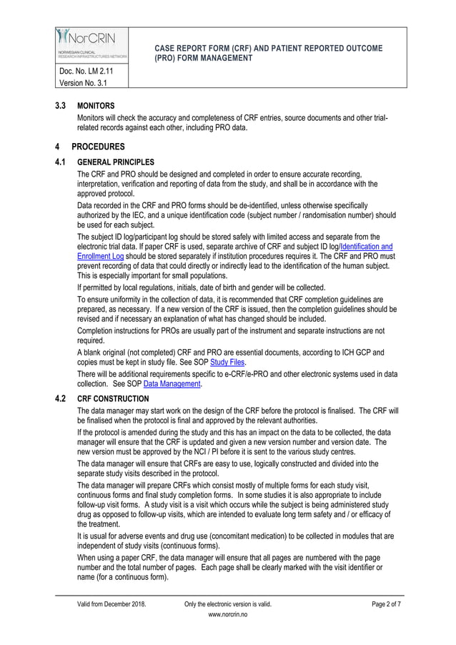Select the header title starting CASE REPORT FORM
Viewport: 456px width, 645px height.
pos(268,53)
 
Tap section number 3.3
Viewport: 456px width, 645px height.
pos(61,105)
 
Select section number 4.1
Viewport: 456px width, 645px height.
pos(61,162)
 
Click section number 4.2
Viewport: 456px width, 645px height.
pos(61,399)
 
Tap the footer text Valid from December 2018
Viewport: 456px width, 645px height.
pos(111,604)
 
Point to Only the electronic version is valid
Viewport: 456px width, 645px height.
pos(228,604)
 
